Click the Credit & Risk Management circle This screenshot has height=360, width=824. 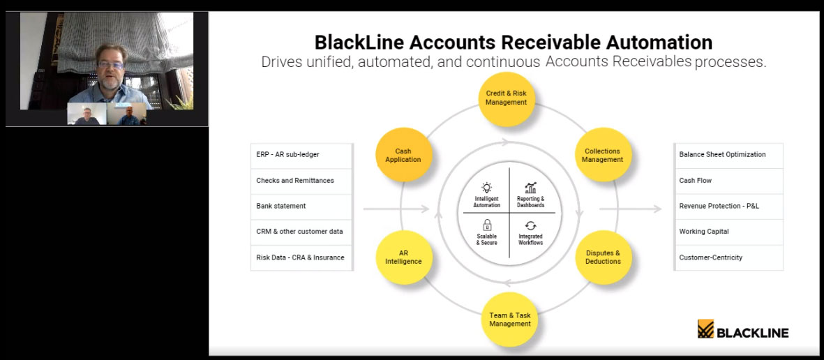click(x=506, y=98)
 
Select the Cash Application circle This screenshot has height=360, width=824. click(x=403, y=155)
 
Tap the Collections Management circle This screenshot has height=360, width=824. click(x=603, y=155)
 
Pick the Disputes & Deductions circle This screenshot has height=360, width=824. click(x=603, y=257)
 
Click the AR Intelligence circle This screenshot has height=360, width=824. click(x=403, y=257)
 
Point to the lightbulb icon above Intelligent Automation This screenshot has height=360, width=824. click(x=486, y=188)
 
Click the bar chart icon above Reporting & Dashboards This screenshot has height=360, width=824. click(x=531, y=188)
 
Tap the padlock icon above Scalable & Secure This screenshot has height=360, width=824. click(x=487, y=225)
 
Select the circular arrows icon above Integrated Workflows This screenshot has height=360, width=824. click(x=531, y=225)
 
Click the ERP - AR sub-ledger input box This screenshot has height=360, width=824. click(x=301, y=155)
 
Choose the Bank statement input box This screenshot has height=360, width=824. click(x=301, y=206)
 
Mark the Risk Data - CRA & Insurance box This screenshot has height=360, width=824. click(x=301, y=257)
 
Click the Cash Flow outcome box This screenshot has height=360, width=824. click(x=728, y=181)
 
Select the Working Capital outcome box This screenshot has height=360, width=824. click(x=728, y=232)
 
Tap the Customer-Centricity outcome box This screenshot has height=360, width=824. click(x=728, y=257)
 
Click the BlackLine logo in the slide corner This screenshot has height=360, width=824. click(x=742, y=330)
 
